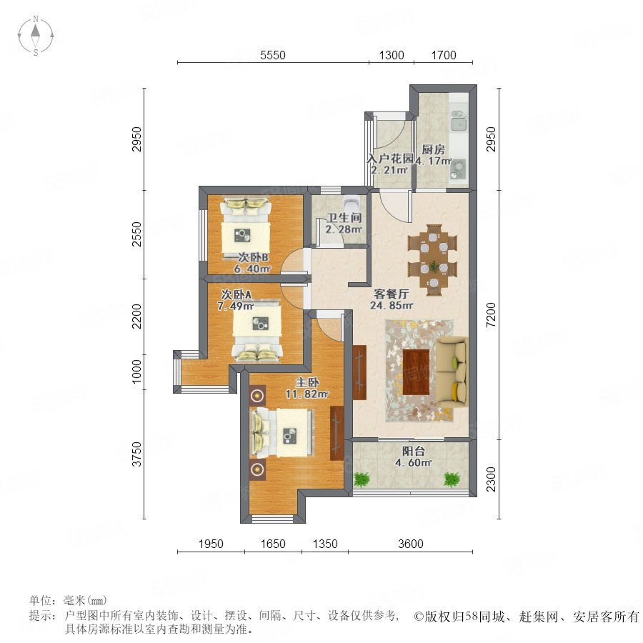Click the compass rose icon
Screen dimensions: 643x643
click(36, 36)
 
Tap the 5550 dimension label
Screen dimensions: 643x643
click(273, 55)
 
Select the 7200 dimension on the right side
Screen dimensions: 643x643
click(491, 314)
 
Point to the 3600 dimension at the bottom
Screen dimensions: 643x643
click(411, 544)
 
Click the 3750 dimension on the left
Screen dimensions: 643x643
click(136, 454)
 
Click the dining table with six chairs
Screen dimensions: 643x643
click(433, 259)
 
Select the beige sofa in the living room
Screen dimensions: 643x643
click(452, 372)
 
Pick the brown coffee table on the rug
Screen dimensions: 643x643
click(416, 372)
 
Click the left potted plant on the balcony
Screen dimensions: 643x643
click(362, 479)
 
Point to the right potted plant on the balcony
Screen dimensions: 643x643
click(452, 479)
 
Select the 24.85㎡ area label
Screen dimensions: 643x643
click(392, 306)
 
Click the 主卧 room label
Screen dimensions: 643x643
click(307, 382)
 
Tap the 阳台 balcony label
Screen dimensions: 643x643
click(413, 451)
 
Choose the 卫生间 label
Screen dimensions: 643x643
click(344, 218)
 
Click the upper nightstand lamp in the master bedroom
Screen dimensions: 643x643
click(257, 395)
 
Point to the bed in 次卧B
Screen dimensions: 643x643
click(245, 228)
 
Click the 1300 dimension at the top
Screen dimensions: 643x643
click(392, 55)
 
